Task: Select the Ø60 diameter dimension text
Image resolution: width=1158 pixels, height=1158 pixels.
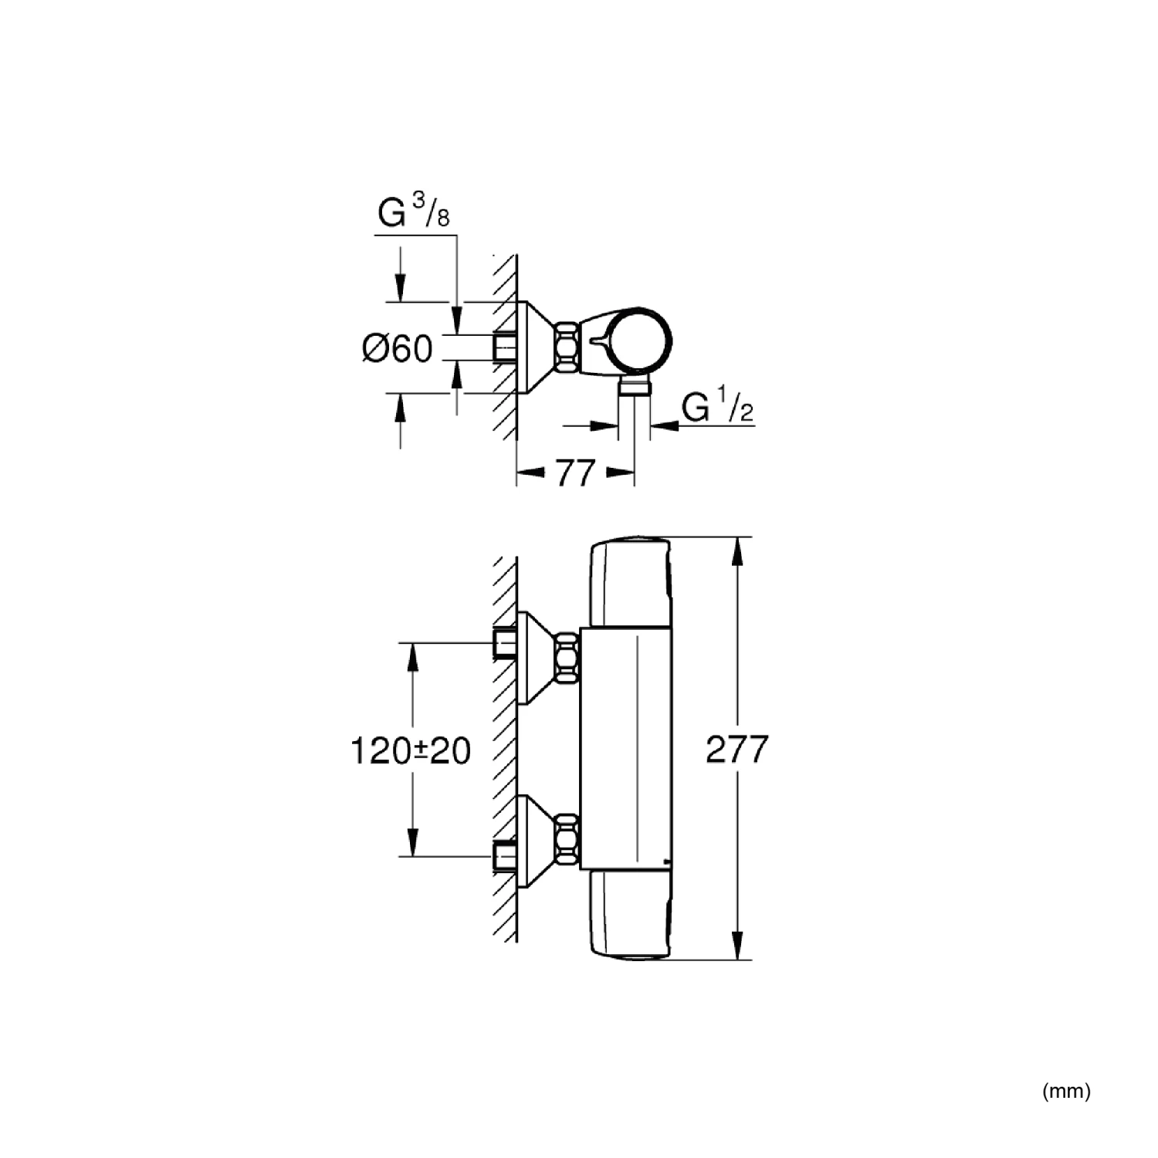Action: point(398,349)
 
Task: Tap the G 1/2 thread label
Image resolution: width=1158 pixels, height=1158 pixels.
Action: point(717,407)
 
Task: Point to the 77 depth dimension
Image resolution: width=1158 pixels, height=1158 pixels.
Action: point(574,472)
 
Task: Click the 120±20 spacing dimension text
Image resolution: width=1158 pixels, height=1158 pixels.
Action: point(411,750)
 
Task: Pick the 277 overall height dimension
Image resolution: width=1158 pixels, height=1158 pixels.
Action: point(738,749)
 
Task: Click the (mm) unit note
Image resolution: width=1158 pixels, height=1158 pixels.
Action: point(1066,1091)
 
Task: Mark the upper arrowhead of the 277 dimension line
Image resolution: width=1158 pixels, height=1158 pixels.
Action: point(739,552)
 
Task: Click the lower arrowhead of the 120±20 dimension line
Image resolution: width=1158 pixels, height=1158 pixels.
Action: point(413,841)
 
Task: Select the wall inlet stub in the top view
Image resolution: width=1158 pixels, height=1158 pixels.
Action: point(504,348)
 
